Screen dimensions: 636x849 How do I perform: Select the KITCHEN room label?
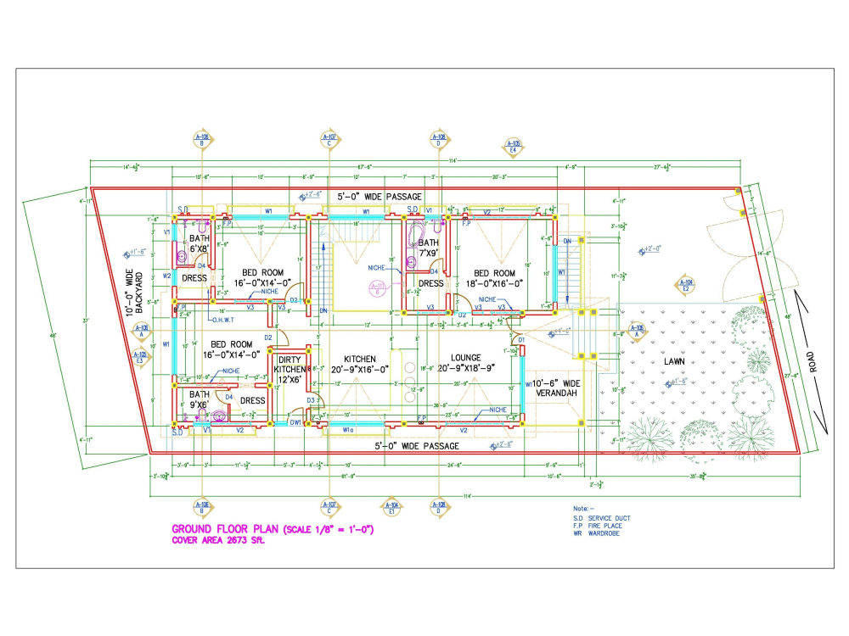tap(360, 364)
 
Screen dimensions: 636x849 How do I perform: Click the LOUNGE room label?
tap(466, 364)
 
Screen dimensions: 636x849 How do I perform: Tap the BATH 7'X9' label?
tap(429, 248)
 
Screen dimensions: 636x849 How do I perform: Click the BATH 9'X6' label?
tap(200, 399)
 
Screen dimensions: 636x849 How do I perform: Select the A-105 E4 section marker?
tap(513, 146)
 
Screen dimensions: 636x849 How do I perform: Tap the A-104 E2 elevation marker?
tap(686, 284)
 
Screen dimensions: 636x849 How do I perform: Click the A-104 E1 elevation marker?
tap(391, 506)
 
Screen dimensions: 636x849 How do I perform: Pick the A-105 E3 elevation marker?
tap(141, 357)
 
